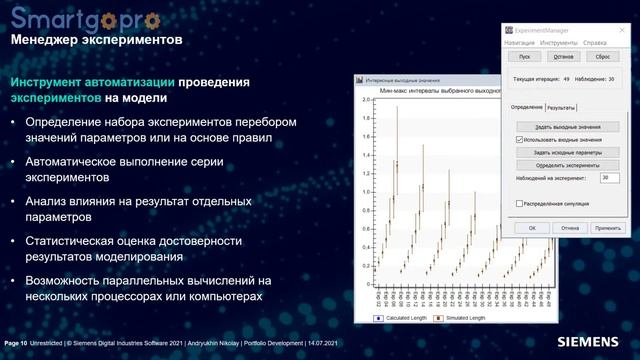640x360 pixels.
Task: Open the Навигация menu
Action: (x=519, y=43)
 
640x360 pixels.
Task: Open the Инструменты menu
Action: (x=558, y=43)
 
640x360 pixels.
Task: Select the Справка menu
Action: (x=594, y=43)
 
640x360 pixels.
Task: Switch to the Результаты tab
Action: (x=560, y=107)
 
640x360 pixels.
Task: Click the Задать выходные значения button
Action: (x=567, y=128)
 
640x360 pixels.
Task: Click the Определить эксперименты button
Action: (x=567, y=164)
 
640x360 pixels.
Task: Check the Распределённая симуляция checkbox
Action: (x=519, y=203)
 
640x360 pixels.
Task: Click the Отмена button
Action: (x=570, y=228)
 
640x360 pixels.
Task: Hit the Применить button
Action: (x=607, y=228)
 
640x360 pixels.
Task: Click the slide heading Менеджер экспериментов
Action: (x=95, y=42)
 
